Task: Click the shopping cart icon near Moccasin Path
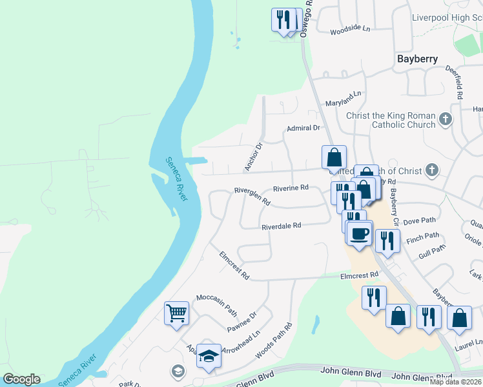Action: [176, 314]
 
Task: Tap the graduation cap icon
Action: [209, 356]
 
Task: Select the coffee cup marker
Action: [360, 233]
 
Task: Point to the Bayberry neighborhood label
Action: [417, 59]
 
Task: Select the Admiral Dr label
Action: [303, 128]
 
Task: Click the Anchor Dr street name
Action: [254, 157]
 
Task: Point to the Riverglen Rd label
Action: [252, 195]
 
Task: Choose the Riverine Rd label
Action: [291, 188]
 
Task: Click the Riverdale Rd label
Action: [282, 226]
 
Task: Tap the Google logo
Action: [21, 379]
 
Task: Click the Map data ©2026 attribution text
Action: [456, 382]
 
